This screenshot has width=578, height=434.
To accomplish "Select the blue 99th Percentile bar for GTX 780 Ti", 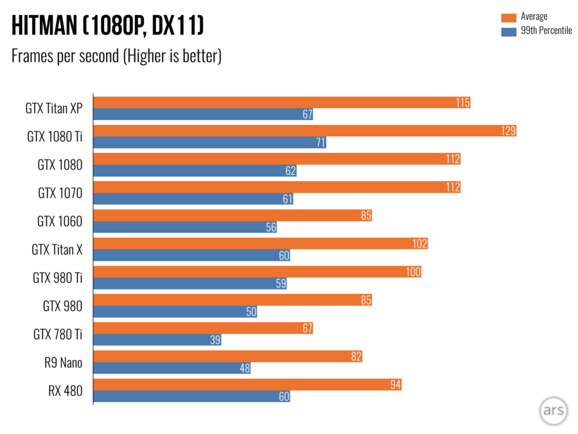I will (x=157, y=340).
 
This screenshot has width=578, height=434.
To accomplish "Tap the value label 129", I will (x=509, y=131).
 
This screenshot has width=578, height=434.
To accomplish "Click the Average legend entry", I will (x=534, y=17).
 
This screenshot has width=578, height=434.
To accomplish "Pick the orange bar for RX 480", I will (x=247, y=384).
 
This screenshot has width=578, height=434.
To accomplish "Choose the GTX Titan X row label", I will (x=57, y=249).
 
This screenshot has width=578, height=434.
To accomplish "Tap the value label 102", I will (x=419, y=244).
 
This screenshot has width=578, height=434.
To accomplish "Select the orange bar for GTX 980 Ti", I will (x=257, y=272).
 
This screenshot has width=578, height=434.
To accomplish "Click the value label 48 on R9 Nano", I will (x=244, y=368).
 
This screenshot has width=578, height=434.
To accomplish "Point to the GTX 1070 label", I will (x=60, y=193).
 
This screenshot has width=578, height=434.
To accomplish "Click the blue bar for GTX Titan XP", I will (x=203, y=114).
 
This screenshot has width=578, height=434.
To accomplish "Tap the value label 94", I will (x=394, y=384).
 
